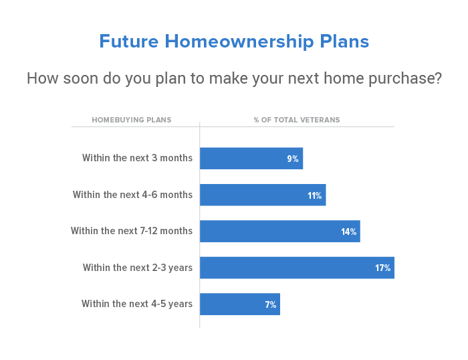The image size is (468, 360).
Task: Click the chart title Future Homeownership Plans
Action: [x=234, y=41]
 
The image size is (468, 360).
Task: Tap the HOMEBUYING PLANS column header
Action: [x=132, y=120]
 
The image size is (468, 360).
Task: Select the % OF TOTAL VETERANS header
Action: [x=297, y=120]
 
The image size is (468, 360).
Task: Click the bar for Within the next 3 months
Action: [x=251, y=159]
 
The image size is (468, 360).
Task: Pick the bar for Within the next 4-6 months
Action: [x=263, y=195]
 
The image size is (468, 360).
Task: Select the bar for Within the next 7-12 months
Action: [x=280, y=232]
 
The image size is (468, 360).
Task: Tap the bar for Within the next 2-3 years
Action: [x=297, y=268]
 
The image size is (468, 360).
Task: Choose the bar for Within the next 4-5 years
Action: [x=240, y=304]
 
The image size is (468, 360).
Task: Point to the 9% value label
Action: [x=293, y=159]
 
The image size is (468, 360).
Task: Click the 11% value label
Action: [x=315, y=195]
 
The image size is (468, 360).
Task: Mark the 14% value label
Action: [x=348, y=232]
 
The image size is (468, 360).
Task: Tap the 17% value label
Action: [x=382, y=268]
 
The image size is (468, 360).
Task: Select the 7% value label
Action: [x=270, y=304]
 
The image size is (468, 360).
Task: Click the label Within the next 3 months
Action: [x=137, y=158]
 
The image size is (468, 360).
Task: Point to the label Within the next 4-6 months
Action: [x=132, y=195]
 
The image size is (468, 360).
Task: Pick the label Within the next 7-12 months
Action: [x=132, y=231]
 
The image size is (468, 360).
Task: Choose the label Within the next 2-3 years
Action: [x=138, y=268]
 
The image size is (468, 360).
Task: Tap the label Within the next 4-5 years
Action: [x=137, y=304]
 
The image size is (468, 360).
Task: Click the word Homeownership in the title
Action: [x=239, y=41]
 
